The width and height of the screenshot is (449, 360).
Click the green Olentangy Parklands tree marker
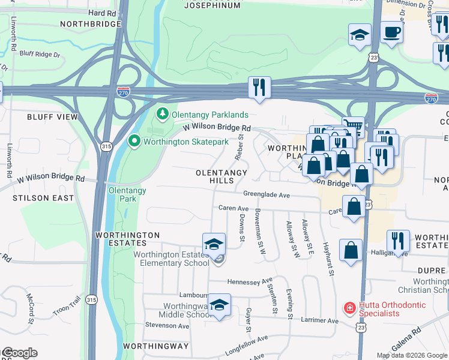pos(162,113)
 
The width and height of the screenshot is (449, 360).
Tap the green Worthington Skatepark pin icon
pos(134,142)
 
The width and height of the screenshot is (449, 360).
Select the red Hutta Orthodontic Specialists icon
pos(349,308)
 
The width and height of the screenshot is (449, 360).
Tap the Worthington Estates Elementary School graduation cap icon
pos(214,244)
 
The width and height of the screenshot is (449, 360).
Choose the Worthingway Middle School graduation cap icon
pos(220,304)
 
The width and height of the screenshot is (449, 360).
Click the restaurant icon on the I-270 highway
pos(259,87)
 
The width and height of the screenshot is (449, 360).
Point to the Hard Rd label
pos(101,13)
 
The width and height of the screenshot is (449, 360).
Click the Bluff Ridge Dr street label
pos(40,55)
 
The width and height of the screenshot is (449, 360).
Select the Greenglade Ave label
pos(267,194)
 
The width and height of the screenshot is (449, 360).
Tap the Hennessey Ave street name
pos(250,281)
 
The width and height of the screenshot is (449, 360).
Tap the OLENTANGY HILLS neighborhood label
pos(221,176)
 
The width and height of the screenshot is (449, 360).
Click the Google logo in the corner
pos(19,352)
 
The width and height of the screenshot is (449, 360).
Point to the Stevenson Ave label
pos(167,325)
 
